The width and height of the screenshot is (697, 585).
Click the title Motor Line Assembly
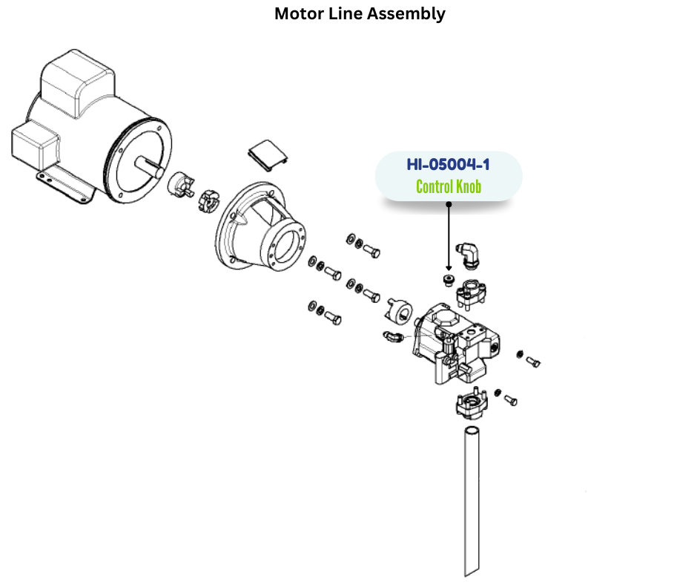(360, 14)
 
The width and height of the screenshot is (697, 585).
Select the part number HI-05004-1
(448, 164)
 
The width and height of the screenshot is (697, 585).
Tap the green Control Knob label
(448, 186)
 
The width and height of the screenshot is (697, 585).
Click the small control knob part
(447, 279)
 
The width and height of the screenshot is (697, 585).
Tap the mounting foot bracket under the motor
(63, 184)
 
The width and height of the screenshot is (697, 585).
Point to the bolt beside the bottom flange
(510, 399)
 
